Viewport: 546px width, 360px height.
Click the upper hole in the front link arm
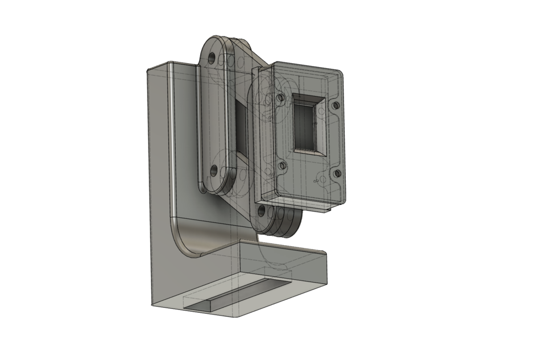click(212, 58)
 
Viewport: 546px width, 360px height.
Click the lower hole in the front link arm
click(213, 169)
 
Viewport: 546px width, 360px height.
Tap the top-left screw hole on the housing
click(279, 98)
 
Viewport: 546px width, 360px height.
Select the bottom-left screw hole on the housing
click(281, 165)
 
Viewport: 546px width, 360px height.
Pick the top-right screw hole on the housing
click(336, 105)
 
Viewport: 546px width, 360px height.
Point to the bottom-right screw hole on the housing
click(337, 173)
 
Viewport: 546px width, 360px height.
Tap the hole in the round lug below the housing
click(262, 211)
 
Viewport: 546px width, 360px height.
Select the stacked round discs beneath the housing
click(284, 222)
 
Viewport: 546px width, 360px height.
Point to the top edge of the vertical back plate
click(171, 64)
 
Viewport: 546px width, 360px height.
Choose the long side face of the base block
click(284, 290)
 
